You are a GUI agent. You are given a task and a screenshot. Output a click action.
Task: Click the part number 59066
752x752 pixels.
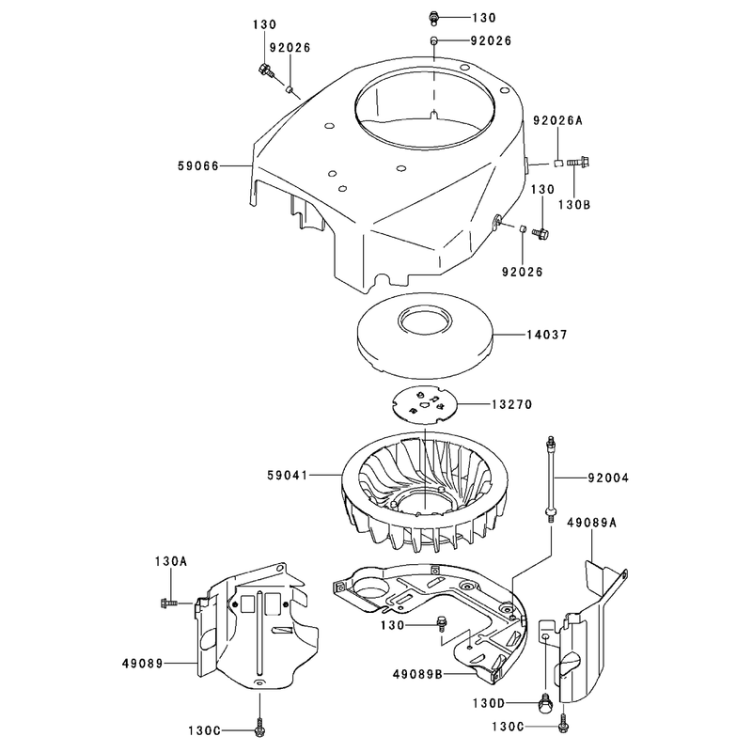click(198, 166)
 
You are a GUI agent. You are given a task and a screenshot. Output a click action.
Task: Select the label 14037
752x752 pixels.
click(547, 335)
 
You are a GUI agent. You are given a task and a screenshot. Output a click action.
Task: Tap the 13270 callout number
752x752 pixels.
click(511, 405)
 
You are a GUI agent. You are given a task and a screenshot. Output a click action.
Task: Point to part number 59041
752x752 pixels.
click(288, 476)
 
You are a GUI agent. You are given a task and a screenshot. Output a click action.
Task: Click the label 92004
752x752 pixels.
click(608, 478)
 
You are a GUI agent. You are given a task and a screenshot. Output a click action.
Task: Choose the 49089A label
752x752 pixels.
click(591, 523)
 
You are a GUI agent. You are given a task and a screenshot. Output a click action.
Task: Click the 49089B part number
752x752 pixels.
click(417, 674)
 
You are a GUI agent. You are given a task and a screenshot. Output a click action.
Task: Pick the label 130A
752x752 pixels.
click(170, 561)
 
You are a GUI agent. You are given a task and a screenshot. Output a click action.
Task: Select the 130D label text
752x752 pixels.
click(488, 703)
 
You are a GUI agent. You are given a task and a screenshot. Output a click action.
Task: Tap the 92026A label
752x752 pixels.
click(557, 121)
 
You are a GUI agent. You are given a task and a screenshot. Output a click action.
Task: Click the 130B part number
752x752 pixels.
click(574, 205)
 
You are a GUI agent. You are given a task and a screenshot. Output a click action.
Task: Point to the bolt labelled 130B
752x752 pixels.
click(578, 162)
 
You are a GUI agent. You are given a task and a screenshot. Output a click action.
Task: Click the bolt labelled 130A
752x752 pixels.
click(169, 603)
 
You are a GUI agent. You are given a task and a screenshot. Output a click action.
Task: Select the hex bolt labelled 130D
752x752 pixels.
click(546, 704)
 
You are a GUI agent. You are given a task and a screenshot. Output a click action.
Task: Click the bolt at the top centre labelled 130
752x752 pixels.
click(434, 18)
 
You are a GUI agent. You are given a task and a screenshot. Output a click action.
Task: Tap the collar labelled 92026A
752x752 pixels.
click(558, 163)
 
